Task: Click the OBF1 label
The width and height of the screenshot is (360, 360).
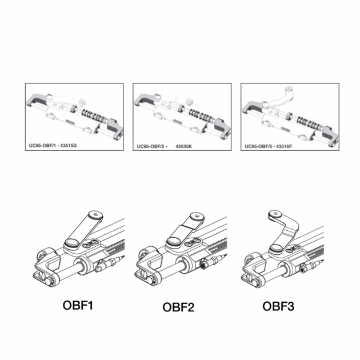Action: [78, 305]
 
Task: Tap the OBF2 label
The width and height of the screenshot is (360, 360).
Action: [178, 307]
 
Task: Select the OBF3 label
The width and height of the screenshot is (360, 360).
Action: [278, 306]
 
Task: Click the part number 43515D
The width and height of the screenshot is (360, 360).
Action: [69, 146]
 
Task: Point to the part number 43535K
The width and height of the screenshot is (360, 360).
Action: [183, 146]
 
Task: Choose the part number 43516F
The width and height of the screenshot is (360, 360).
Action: [284, 146]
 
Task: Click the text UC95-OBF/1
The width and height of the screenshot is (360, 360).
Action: [42, 146]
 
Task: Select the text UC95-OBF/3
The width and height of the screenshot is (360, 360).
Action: [258, 146]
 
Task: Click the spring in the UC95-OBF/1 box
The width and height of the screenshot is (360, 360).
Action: [95, 115]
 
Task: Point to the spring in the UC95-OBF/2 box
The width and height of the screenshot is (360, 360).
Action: [202, 115]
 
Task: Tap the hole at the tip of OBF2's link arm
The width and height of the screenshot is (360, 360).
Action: [197, 216]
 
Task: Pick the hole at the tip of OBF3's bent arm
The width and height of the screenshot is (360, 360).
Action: [276, 214]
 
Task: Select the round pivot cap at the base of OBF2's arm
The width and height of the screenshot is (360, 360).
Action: [174, 241]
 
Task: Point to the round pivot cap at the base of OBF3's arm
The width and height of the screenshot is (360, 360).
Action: [276, 247]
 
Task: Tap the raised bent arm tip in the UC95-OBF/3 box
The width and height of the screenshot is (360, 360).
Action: [289, 89]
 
